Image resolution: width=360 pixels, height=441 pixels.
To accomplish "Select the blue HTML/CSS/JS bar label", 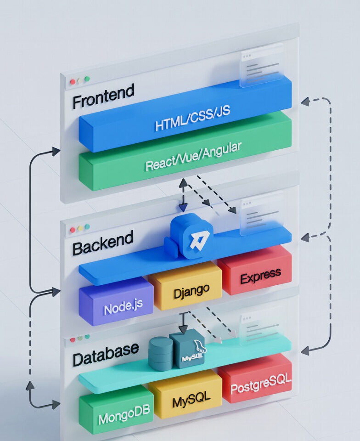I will pyautogui.click(x=192, y=119).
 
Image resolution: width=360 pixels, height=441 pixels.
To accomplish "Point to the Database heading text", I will pyautogui.click(x=106, y=354).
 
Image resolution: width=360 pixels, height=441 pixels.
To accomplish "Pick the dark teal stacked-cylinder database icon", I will pyautogui.click(x=161, y=354).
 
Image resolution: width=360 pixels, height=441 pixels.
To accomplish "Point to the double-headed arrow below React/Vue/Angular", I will pyautogui.click(x=183, y=195).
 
